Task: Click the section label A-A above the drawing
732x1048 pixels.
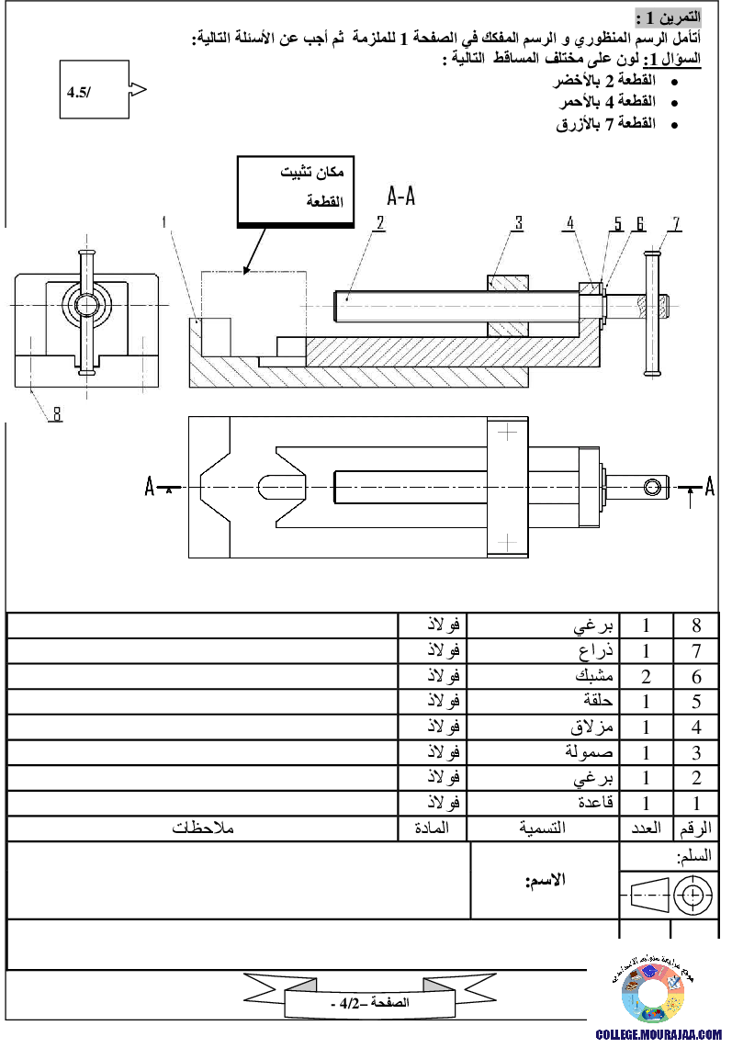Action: pyautogui.click(x=401, y=196)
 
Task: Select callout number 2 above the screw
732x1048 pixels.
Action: pyautogui.click(x=379, y=222)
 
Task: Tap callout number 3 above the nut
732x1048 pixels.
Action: pyautogui.click(x=519, y=222)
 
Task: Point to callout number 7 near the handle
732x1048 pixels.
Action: pyautogui.click(x=676, y=223)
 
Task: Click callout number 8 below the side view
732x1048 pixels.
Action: pyautogui.click(x=57, y=414)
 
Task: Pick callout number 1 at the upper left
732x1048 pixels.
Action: pyautogui.click(x=164, y=221)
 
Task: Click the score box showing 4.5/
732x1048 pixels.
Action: pyautogui.click(x=95, y=90)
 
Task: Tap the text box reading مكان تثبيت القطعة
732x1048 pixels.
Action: pyautogui.click(x=296, y=192)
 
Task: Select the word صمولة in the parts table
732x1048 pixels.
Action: pyautogui.click(x=589, y=752)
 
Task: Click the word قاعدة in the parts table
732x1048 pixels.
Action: pyautogui.click(x=596, y=802)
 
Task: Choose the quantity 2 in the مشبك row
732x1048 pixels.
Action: pyautogui.click(x=646, y=676)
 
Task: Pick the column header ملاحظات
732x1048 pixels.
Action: pyautogui.click(x=203, y=828)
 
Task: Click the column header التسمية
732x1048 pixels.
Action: pyautogui.click(x=542, y=828)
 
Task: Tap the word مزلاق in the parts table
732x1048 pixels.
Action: pyautogui.click(x=591, y=727)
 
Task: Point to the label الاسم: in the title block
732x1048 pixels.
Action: pyautogui.click(x=546, y=880)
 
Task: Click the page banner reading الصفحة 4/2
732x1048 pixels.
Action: pyautogui.click(x=370, y=1003)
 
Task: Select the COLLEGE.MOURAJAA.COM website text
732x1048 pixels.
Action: pyautogui.click(x=659, y=1035)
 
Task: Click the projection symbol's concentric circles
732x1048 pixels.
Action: pyautogui.click(x=693, y=895)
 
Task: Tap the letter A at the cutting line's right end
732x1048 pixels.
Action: pyautogui.click(x=710, y=487)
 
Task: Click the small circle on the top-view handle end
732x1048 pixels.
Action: pyautogui.click(x=652, y=487)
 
